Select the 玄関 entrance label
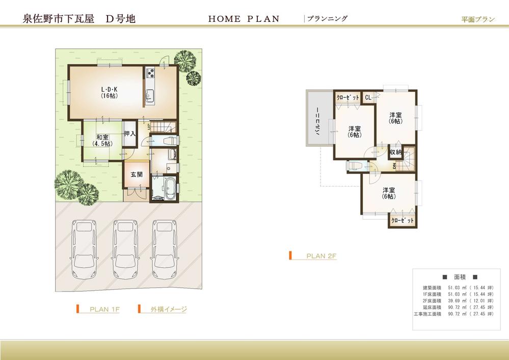[x=136, y=174]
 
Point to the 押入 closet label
[x=129, y=134]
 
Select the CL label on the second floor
[x=368, y=97]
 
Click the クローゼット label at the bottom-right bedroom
[x=402, y=221]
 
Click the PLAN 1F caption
[x=104, y=309]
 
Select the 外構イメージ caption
[x=169, y=309]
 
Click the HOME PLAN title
[x=244, y=19]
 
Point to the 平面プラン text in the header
[x=478, y=19]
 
